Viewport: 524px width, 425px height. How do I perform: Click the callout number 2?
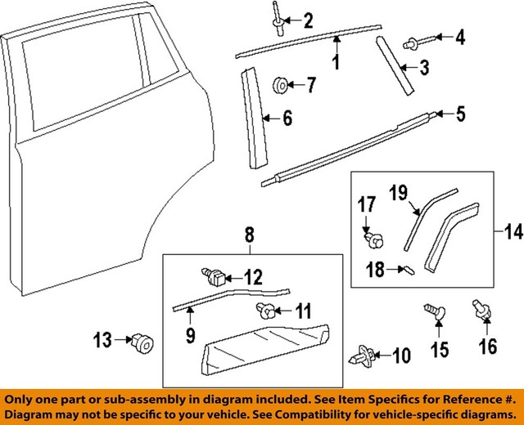pos(307,20)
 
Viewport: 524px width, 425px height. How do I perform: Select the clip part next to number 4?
pos(411,38)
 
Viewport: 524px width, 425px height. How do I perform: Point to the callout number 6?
pos(287,119)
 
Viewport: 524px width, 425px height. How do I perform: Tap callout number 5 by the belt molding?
pos(460,114)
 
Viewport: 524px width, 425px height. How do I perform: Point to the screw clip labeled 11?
pos(265,309)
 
